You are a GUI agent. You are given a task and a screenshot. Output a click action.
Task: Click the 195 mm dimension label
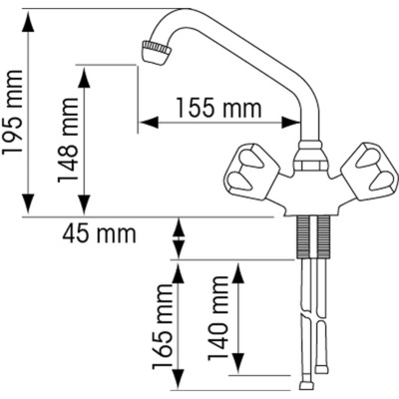pos(12,112)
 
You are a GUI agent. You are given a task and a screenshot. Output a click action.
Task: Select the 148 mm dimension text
pos(68,140)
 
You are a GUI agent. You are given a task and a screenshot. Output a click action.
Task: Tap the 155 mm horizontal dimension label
pos(218,108)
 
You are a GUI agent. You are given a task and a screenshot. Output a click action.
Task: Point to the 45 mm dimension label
pos(99,233)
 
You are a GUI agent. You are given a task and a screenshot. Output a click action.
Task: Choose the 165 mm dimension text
pos(163,327)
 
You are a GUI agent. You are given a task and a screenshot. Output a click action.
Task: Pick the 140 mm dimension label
pos(218,318)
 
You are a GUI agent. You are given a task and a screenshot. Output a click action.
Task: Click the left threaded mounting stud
pos(303,236)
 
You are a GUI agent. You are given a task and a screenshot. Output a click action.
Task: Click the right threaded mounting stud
pos(324,236)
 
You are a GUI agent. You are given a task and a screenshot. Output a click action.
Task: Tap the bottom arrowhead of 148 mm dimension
pos(84,204)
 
